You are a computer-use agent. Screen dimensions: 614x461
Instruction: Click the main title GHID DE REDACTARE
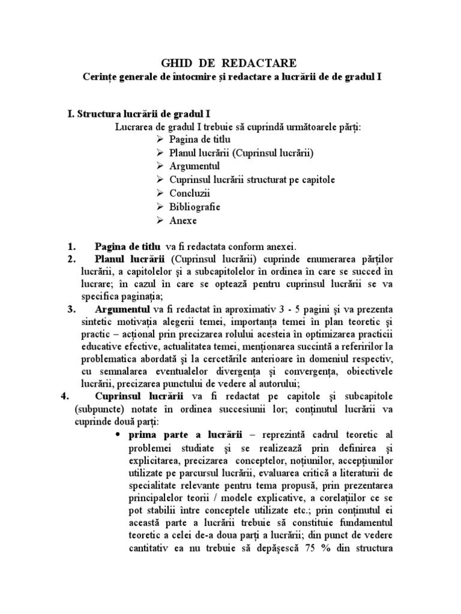point(230,63)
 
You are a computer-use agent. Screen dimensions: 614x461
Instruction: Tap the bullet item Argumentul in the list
point(194,166)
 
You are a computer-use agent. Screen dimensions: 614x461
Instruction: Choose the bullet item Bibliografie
point(195,207)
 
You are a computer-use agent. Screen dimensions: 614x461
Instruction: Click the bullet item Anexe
point(182,220)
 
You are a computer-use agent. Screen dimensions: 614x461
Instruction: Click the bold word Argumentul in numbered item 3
point(123,309)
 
